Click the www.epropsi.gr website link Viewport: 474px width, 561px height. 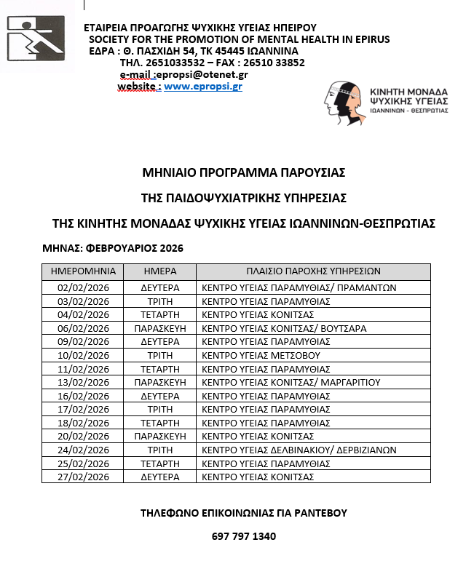[203, 86]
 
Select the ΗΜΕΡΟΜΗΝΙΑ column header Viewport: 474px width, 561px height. [83, 271]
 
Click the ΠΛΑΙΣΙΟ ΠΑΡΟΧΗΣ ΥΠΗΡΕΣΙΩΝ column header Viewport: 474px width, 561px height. [313, 271]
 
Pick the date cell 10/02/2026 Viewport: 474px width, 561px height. [83, 355]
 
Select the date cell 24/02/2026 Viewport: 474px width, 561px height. [83, 450]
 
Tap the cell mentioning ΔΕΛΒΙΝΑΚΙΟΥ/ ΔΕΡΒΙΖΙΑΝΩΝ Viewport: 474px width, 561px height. [299, 450]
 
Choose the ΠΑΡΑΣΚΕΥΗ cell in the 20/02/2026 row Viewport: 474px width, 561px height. [159, 436]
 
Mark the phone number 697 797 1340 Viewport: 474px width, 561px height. [243, 537]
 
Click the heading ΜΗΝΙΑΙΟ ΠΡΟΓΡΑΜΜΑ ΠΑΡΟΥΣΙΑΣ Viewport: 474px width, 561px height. [243, 172]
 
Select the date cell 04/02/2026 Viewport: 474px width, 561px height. [83, 314]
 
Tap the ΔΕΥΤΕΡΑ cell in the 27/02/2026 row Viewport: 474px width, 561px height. [159, 477]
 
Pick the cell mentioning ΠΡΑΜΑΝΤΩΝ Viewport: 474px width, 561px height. [299, 287]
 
